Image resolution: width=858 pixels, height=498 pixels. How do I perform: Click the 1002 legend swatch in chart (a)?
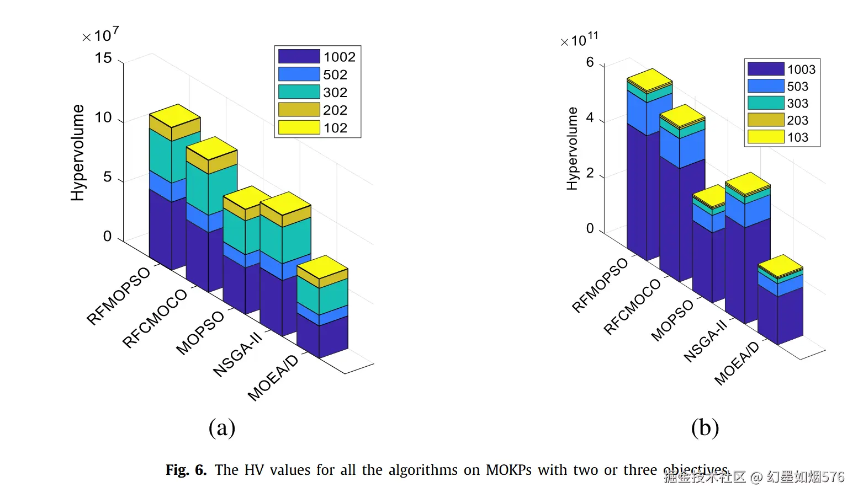coord(299,57)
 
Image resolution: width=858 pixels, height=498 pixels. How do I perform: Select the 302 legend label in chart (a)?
coord(335,92)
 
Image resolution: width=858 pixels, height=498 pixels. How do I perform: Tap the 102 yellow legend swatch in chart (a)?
coord(299,127)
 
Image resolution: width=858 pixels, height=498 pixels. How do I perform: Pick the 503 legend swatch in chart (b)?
coord(765,86)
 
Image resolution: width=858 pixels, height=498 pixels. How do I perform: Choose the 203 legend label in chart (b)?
coord(797,120)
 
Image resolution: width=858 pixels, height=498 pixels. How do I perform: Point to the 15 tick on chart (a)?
coord(103,58)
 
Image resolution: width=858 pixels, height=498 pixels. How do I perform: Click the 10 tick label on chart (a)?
coord(103,117)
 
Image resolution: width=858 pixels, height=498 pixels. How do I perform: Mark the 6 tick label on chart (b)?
coord(590,62)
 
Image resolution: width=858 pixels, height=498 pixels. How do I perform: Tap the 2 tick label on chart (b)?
coord(590,173)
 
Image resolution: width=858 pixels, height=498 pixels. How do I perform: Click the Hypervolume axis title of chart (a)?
coord(78,153)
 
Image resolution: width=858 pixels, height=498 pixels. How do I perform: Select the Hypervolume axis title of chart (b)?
coord(572,149)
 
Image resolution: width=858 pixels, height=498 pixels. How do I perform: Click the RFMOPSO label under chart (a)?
coord(118,296)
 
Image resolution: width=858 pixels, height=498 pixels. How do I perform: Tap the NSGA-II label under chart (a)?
coord(237,355)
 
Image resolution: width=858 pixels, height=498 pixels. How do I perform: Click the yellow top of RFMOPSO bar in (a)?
coord(174,116)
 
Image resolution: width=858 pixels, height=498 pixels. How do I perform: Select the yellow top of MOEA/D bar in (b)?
coord(780,266)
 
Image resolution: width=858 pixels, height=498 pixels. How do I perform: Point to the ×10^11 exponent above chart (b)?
coord(579,40)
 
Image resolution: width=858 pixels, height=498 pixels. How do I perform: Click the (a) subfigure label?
coord(222,427)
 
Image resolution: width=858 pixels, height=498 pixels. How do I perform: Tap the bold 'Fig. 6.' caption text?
coord(186,470)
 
